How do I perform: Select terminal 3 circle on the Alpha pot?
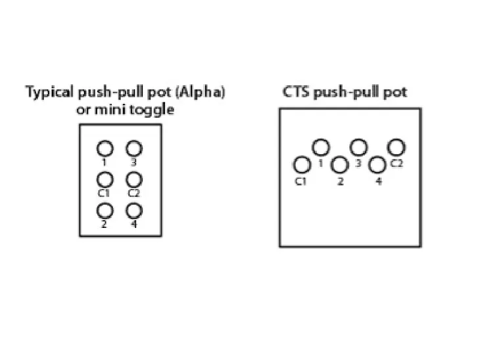pyautogui.click(x=134, y=148)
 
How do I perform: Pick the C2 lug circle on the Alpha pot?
pyautogui.click(x=134, y=179)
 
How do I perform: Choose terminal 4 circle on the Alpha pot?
pyautogui.click(x=134, y=210)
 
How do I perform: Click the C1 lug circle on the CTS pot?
pyautogui.click(x=301, y=165)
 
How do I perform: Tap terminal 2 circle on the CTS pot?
pyautogui.click(x=340, y=165)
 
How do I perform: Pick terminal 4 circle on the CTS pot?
pyautogui.click(x=378, y=165)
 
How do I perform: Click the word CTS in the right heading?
pyautogui.click(x=296, y=92)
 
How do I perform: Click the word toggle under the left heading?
pyautogui.click(x=155, y=110)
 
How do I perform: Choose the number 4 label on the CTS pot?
pyautogui.click(x=378, y=181)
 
